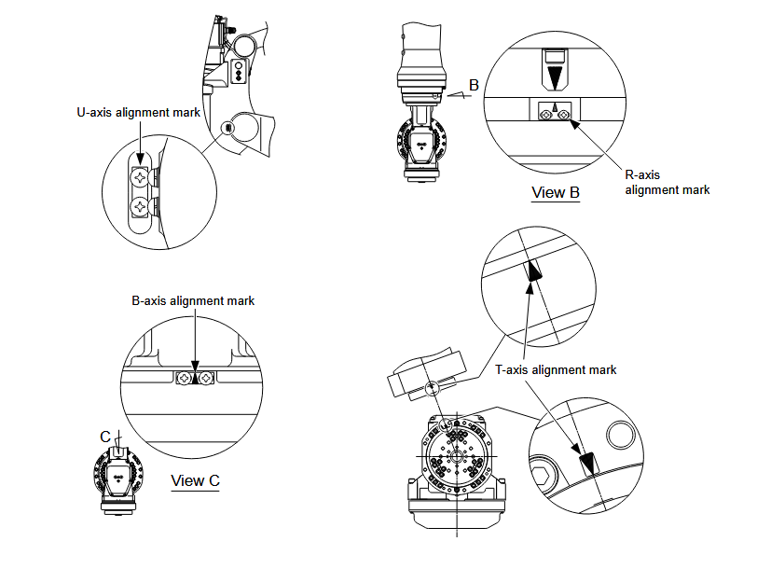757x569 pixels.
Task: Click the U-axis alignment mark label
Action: [x=138, y=112]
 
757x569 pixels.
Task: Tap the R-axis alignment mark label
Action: [x=667, y=182]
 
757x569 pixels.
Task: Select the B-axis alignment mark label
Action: [x=193, y=301]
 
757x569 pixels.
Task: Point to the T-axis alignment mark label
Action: [x=556, y=370]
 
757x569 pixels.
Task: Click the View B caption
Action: [x=556, y=193]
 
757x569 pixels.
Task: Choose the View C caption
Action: [x=196, y=481]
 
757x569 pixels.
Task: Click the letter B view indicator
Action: [x=474, y=85]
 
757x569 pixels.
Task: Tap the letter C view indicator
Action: [x=105, y=435]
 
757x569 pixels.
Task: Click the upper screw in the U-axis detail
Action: [x=140, y=175]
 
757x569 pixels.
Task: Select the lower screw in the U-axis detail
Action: [x=140, y=204]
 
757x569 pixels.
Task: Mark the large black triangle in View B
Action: [x=556, y=74]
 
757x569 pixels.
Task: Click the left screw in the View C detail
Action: [x=183, y=378]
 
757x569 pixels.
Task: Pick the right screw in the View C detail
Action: [x=205, y=378]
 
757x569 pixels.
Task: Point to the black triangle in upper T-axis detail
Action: [x=534, y=272]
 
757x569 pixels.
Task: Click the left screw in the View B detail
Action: [x=545, y=113]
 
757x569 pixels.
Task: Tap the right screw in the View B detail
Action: [x=564, y=113]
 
